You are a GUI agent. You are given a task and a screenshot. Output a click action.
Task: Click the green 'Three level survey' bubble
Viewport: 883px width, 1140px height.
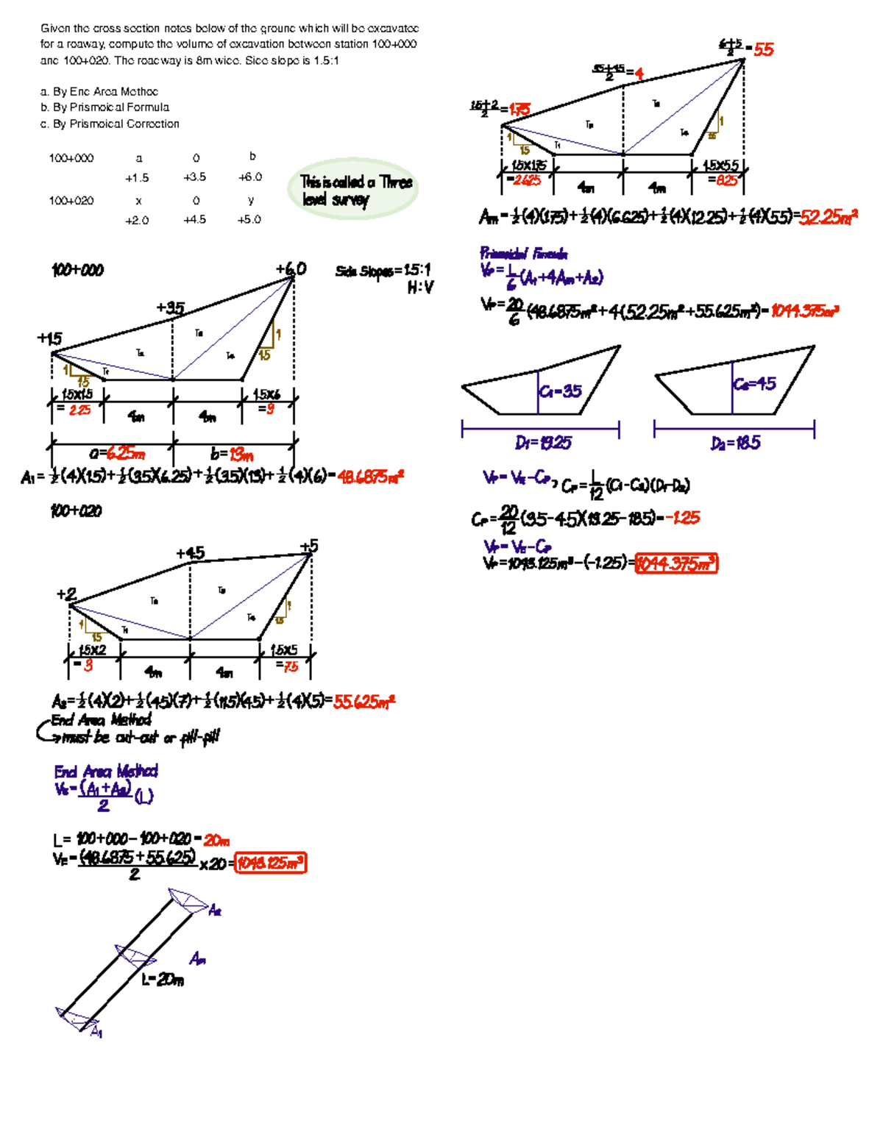pos(353,190)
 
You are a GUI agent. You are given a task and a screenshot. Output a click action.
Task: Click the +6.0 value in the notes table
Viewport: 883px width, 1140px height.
pos(249,177)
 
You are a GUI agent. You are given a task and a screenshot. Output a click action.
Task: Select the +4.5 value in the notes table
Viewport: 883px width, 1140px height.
pos(195,219)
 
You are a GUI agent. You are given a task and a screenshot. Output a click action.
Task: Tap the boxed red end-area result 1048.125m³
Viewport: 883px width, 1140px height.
pos(270,863)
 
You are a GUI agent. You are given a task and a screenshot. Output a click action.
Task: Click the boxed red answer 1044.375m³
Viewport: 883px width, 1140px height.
pos(675,564)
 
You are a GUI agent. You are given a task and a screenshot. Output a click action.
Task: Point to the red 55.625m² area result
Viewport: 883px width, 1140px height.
pos(364,702)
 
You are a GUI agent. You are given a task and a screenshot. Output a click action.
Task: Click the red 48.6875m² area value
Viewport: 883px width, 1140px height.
pos(370,477)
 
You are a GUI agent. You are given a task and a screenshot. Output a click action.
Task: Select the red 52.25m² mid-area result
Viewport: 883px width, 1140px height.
pos(828,217)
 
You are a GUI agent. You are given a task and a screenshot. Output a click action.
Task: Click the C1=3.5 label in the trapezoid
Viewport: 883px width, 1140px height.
pos(560,391)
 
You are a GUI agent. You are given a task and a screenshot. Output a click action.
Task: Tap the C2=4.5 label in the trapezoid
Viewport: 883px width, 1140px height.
pos(754,384)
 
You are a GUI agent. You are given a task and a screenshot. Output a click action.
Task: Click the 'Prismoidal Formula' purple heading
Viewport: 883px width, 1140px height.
pos(523,254)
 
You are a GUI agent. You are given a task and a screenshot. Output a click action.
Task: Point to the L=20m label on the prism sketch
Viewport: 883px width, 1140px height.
pos(163,980)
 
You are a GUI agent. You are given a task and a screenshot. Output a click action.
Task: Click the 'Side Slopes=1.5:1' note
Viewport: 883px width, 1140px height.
pos(383,271)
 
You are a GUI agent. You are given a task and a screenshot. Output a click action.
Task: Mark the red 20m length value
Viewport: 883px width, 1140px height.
pos(217,840)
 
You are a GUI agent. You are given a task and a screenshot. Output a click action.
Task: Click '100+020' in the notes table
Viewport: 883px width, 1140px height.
pos(71,200)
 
